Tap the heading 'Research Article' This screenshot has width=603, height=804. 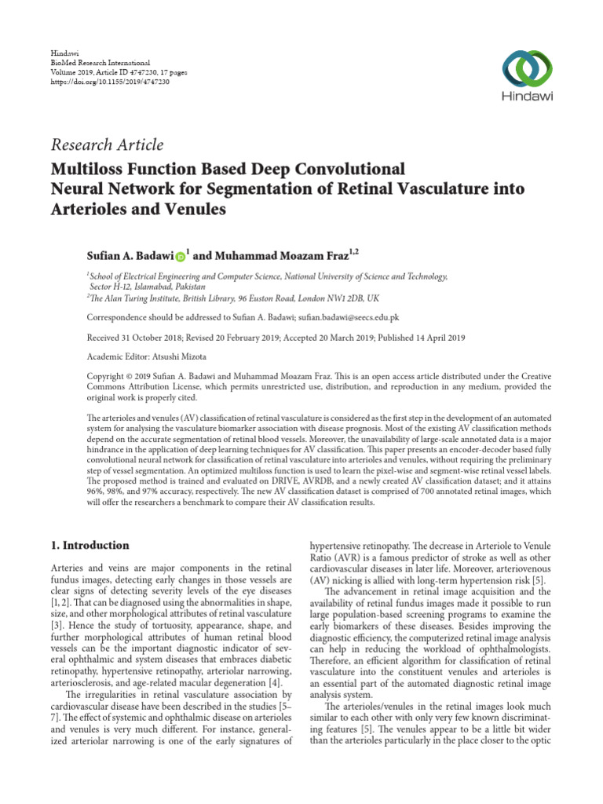click(106, 144)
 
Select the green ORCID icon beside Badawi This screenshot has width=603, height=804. click(180, 256)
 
